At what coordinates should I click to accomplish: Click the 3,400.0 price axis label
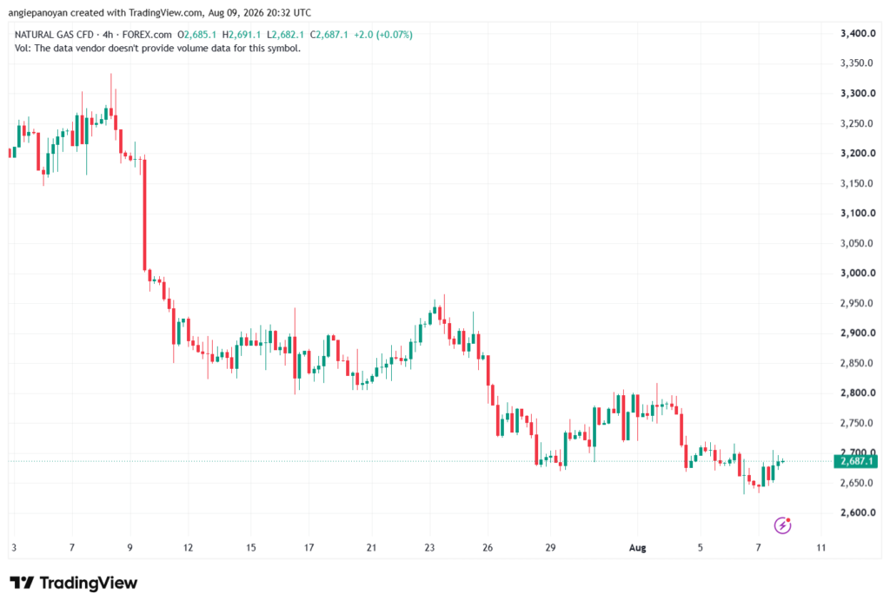(858, 34)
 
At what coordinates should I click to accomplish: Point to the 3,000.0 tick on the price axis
(858, 273)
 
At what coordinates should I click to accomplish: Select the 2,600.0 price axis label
(858, 513)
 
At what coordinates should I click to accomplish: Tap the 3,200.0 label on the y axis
(858, 153)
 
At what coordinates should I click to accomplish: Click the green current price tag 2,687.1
(855, 461)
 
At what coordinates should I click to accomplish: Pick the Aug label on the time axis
(637, 548)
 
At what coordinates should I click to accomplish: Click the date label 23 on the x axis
(429, 548)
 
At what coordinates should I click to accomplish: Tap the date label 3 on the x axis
(14, 548)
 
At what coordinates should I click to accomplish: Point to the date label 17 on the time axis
(309, 548)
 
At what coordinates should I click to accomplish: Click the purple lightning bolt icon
(783, 525)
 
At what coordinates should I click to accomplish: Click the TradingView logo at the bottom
(74, 583)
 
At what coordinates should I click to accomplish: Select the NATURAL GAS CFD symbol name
(54, 35)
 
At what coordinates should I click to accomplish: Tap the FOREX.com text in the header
(147, 35)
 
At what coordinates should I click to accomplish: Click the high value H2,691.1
(242, 35)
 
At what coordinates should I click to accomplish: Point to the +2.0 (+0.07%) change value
(383, 35)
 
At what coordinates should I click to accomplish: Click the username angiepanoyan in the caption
(38, 12)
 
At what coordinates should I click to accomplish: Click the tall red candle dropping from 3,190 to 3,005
(145, 214)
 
